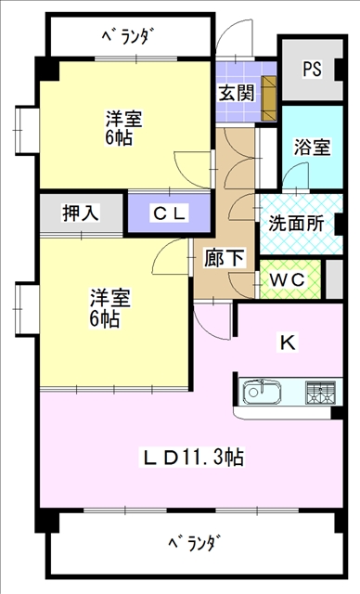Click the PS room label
coord(312,69)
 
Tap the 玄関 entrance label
coord(237,93)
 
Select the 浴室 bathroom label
coord(313,147)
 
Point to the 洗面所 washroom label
coord(297,224)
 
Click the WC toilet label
coord(288,279)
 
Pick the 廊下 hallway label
coord(225,258)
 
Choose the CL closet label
coord(169,213)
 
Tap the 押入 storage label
coord(81,213)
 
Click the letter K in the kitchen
coord(288,342)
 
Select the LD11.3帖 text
coord(193,458)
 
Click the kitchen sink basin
coord(262,392)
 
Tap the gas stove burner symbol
coord(321,392)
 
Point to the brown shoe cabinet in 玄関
coord(269,98)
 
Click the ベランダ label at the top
coord(128,37)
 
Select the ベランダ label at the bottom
coord(194,544)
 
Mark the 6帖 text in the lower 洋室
coord(105,318)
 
